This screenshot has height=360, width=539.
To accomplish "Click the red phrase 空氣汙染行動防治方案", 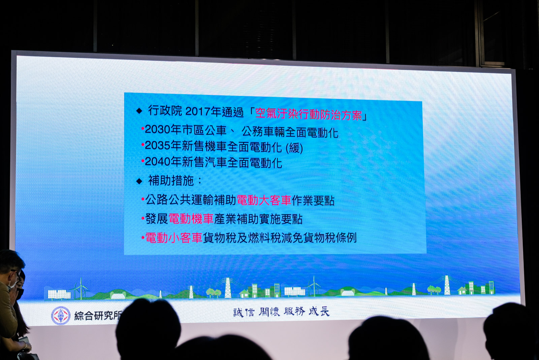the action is coord(309,114).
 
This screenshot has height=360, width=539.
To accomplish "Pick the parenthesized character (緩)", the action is coord(294,148).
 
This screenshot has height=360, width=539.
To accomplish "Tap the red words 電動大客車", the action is coord(264,200).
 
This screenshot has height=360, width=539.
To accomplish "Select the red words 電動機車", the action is coord(191,219).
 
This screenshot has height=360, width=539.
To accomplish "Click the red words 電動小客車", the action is coord(174,238).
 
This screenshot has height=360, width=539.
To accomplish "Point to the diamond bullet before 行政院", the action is coord(139,111).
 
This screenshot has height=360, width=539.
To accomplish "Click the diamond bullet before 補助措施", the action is coord(139,181).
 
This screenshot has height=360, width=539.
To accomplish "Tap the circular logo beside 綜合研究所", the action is coord(61,316).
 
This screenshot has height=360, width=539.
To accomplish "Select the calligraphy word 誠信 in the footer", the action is coord(244,313).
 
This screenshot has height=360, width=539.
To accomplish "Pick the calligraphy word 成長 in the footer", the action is coord(319,312).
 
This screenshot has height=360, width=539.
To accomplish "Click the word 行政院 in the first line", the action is coord(165,110).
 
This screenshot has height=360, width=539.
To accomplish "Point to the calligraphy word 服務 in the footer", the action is coord(294,312).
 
